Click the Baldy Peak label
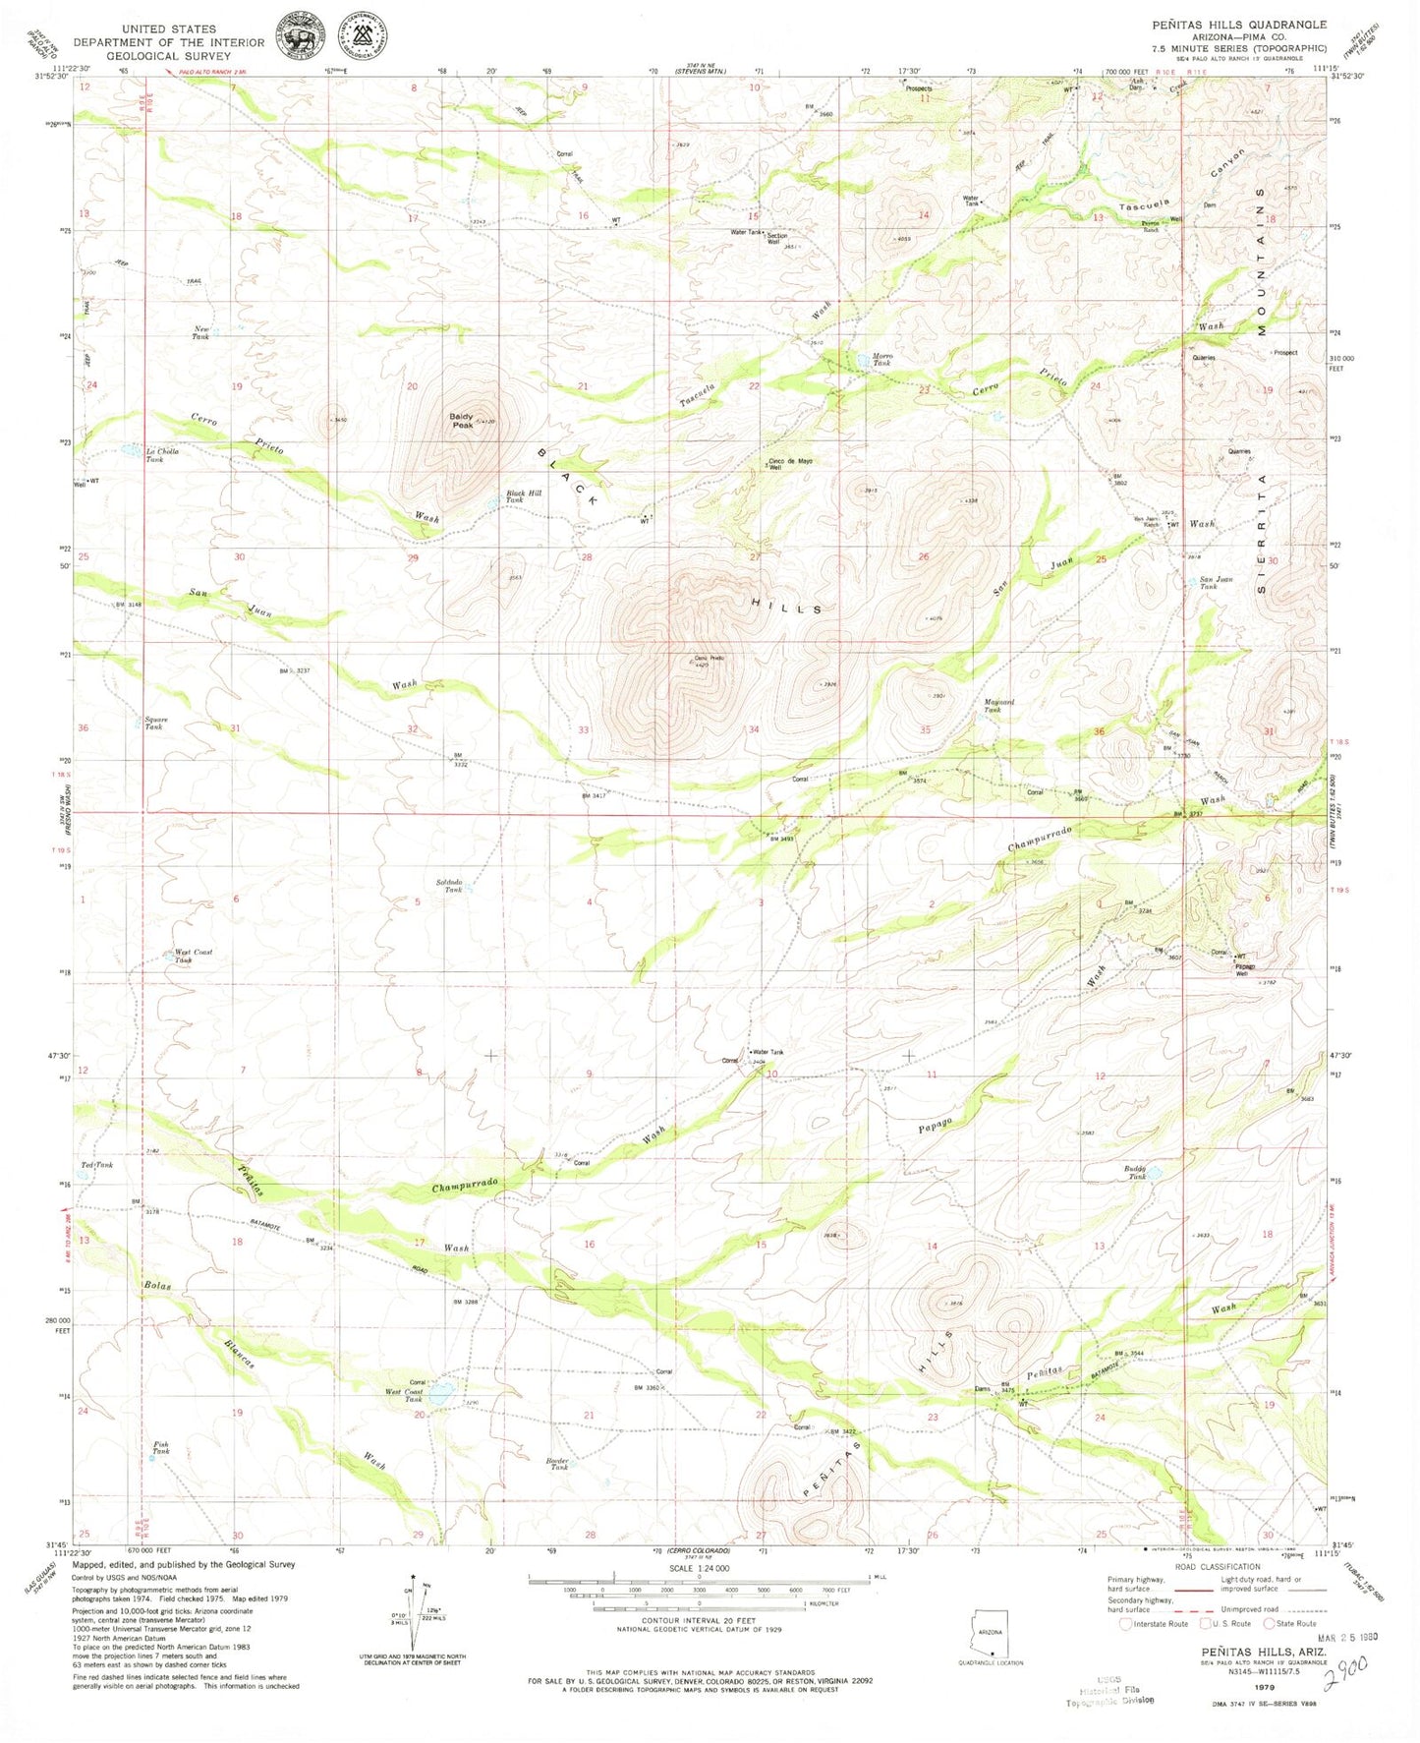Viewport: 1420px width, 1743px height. point(462,421)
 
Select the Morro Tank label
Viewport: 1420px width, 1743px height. point(881,360)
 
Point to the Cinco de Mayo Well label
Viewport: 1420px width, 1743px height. point(790,463)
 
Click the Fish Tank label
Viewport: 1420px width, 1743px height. point(160,1448)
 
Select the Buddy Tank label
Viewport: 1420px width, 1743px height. point(1136,1172)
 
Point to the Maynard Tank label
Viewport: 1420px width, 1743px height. point(998,705)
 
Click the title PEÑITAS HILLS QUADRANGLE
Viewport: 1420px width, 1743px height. point(1239,25)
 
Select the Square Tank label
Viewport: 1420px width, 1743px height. point(155,723)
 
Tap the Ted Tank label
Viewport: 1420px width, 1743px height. point(97,1165)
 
